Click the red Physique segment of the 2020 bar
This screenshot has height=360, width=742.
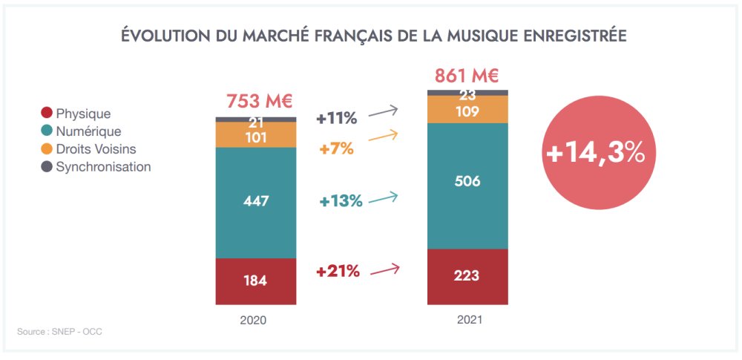(255, 281)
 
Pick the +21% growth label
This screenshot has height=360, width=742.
(338, 272)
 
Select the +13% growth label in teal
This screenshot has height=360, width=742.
(341, 201)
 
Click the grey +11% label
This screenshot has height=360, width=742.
(337, 118)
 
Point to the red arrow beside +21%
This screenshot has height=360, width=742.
(384, 270)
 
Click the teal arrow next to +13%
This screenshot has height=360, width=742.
(384, 198)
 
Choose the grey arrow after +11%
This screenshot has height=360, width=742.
(384, 113)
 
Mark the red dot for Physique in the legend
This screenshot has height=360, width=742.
(47, 114)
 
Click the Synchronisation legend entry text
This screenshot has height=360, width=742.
(103, 167)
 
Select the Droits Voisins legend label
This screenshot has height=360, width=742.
(96, 149)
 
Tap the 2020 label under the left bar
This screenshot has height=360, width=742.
(253, 321)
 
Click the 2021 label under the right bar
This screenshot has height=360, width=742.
(469, 320)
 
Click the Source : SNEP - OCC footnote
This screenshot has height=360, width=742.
(59, 331)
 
